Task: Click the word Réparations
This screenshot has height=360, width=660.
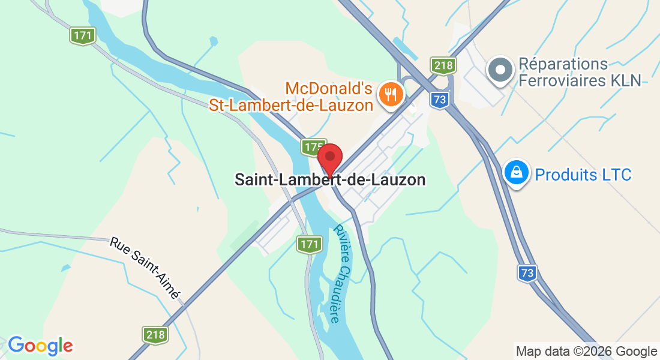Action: (563, 64)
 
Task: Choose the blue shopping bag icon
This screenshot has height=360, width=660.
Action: (515, 173)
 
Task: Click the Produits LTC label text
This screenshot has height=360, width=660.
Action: (583, 175)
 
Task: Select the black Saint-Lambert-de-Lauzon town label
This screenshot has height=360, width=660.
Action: (330, 179)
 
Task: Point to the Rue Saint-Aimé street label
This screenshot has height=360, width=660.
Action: (145, 268)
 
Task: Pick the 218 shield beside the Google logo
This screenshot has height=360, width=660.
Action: (155, 334)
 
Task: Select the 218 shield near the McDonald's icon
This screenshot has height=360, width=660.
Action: (443, 65)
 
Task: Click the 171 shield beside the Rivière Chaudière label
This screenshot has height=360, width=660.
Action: (309, 244)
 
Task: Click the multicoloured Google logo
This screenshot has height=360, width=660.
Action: (40, 346)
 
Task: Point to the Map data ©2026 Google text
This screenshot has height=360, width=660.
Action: (587, 352)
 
